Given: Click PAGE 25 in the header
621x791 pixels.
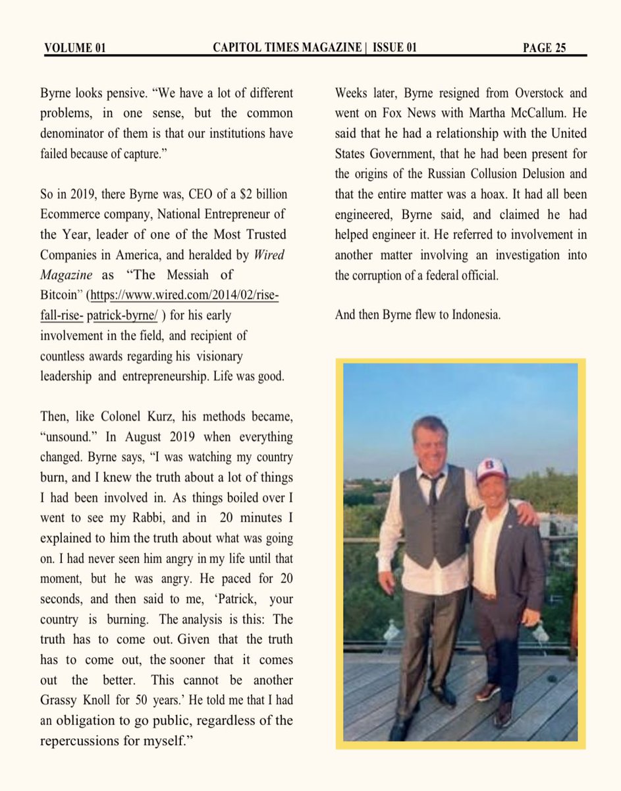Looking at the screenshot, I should coord(545,47).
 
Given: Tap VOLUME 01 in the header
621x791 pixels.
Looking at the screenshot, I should coord(75,47).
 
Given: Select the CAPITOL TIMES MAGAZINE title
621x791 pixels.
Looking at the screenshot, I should coord(287,47).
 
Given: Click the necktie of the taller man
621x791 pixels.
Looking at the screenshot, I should coord(432,488).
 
